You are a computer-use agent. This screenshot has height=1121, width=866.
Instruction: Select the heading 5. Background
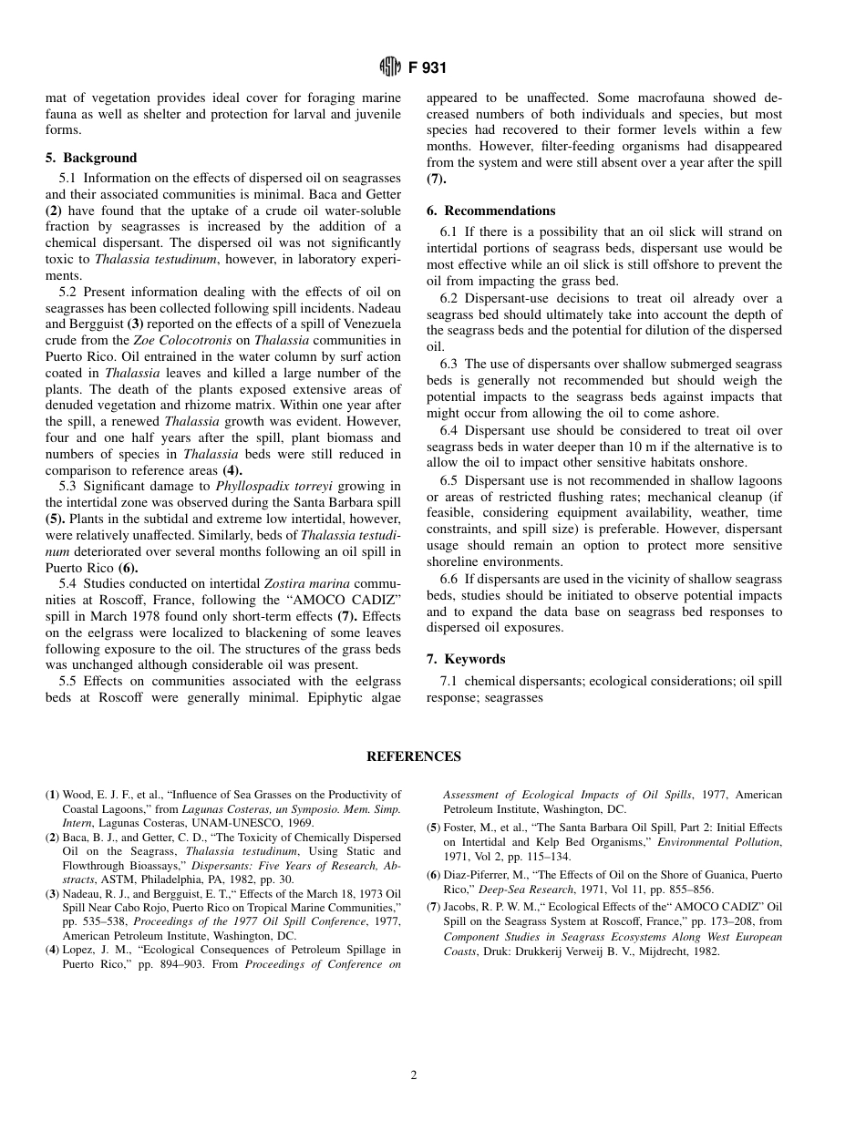point(91,158)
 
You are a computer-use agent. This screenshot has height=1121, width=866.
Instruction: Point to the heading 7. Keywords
point(466,659)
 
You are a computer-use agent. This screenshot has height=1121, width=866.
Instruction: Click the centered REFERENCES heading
point(414,756)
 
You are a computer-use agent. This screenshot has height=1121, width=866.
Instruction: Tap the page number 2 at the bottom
point(414,1075)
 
